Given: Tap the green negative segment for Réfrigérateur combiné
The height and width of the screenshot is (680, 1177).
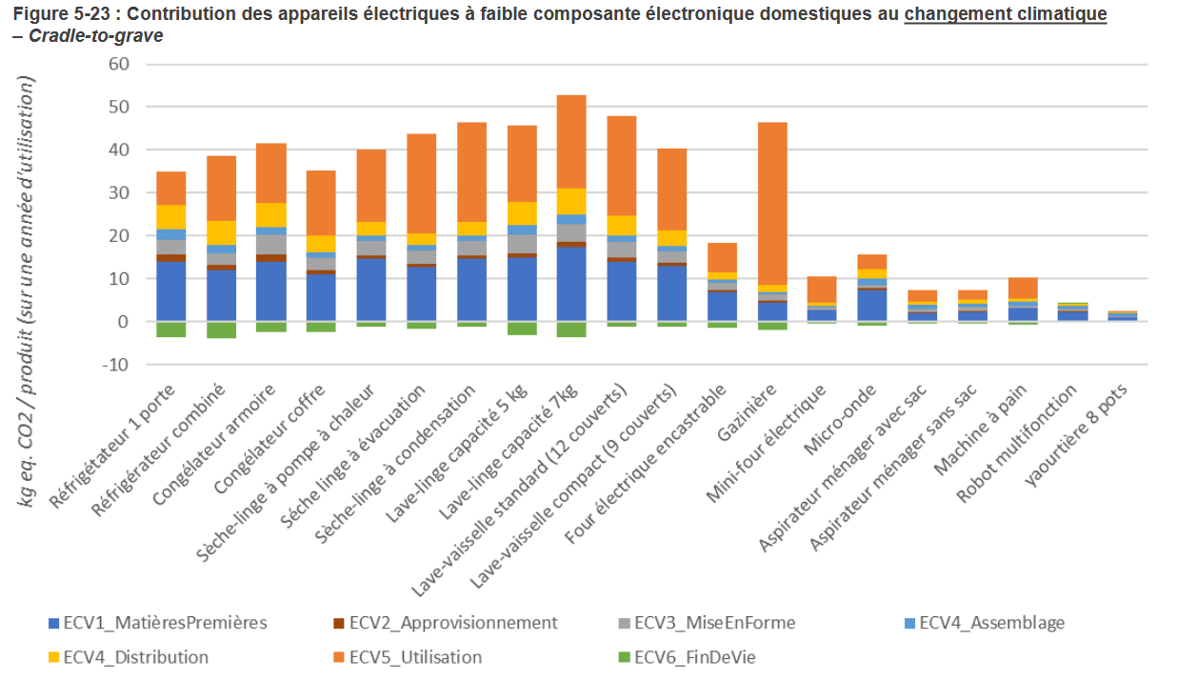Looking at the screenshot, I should (221, 330).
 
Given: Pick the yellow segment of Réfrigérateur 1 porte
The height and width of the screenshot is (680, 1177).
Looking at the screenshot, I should (171, 217).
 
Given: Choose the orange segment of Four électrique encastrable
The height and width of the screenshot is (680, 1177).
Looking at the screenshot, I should (723, 257).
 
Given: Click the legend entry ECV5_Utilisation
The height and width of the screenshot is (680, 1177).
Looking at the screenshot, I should (415, 657).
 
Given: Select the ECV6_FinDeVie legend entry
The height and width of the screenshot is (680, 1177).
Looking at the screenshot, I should (694, 657).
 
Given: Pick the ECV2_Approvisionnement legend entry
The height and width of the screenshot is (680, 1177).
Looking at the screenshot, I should (452, 623).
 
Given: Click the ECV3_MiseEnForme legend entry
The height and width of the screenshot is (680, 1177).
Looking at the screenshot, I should (714, 623).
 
